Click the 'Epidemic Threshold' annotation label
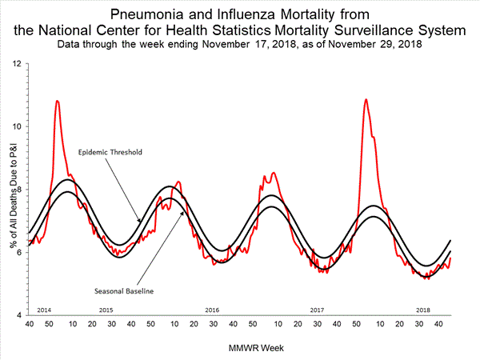[x=110, y=151]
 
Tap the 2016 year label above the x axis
[x=212, y=309]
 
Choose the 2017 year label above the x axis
[x=317, y=309]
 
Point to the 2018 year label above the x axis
[x=422, y=309]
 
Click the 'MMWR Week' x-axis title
[x=239, y=348]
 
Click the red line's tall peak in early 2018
[x=366, y=99]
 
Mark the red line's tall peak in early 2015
[x=57, y=101]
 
